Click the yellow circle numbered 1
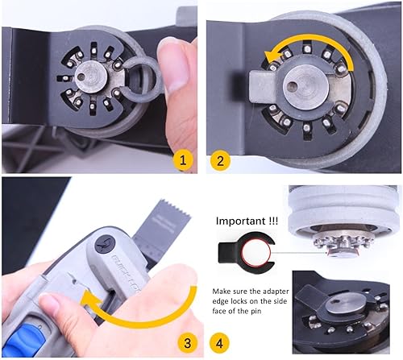point(185,160)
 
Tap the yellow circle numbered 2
point(218,160)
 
